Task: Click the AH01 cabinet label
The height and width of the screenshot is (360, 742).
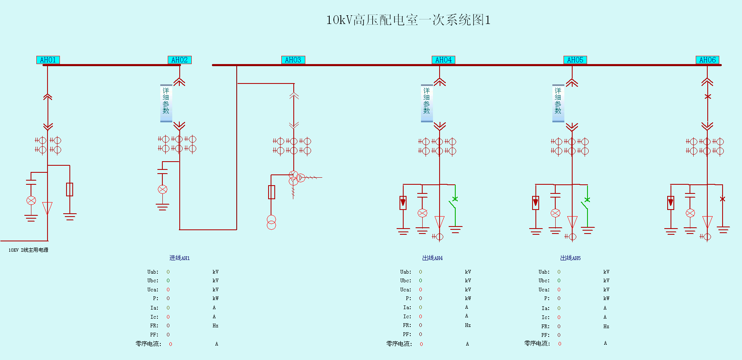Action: [48, 60]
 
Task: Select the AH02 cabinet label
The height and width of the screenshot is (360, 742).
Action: [179, 60]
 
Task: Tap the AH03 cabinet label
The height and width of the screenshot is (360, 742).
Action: [293, 60]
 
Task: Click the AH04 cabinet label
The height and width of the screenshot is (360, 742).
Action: [443, 60]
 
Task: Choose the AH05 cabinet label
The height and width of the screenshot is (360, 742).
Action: [575, 60]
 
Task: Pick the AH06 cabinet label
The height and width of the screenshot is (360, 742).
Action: [707, 60]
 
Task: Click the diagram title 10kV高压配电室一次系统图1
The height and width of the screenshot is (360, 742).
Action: [408, 20]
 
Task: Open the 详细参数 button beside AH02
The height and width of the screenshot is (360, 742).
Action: [166, 103]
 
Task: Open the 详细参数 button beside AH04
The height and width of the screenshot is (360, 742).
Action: [427, 103]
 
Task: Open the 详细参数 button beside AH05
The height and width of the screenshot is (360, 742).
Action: [558, 103]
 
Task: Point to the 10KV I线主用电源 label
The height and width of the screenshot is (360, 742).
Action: [29, 250]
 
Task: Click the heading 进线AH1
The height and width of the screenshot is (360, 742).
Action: [179, 258]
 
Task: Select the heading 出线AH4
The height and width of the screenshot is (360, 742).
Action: [432, 258]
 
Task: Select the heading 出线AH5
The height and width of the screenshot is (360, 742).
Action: [570, 258]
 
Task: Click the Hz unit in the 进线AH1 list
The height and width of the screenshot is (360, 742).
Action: [215, 326]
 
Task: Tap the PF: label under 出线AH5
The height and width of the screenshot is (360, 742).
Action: [545, 335]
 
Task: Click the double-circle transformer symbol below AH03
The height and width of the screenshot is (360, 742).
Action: [271, 222]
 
